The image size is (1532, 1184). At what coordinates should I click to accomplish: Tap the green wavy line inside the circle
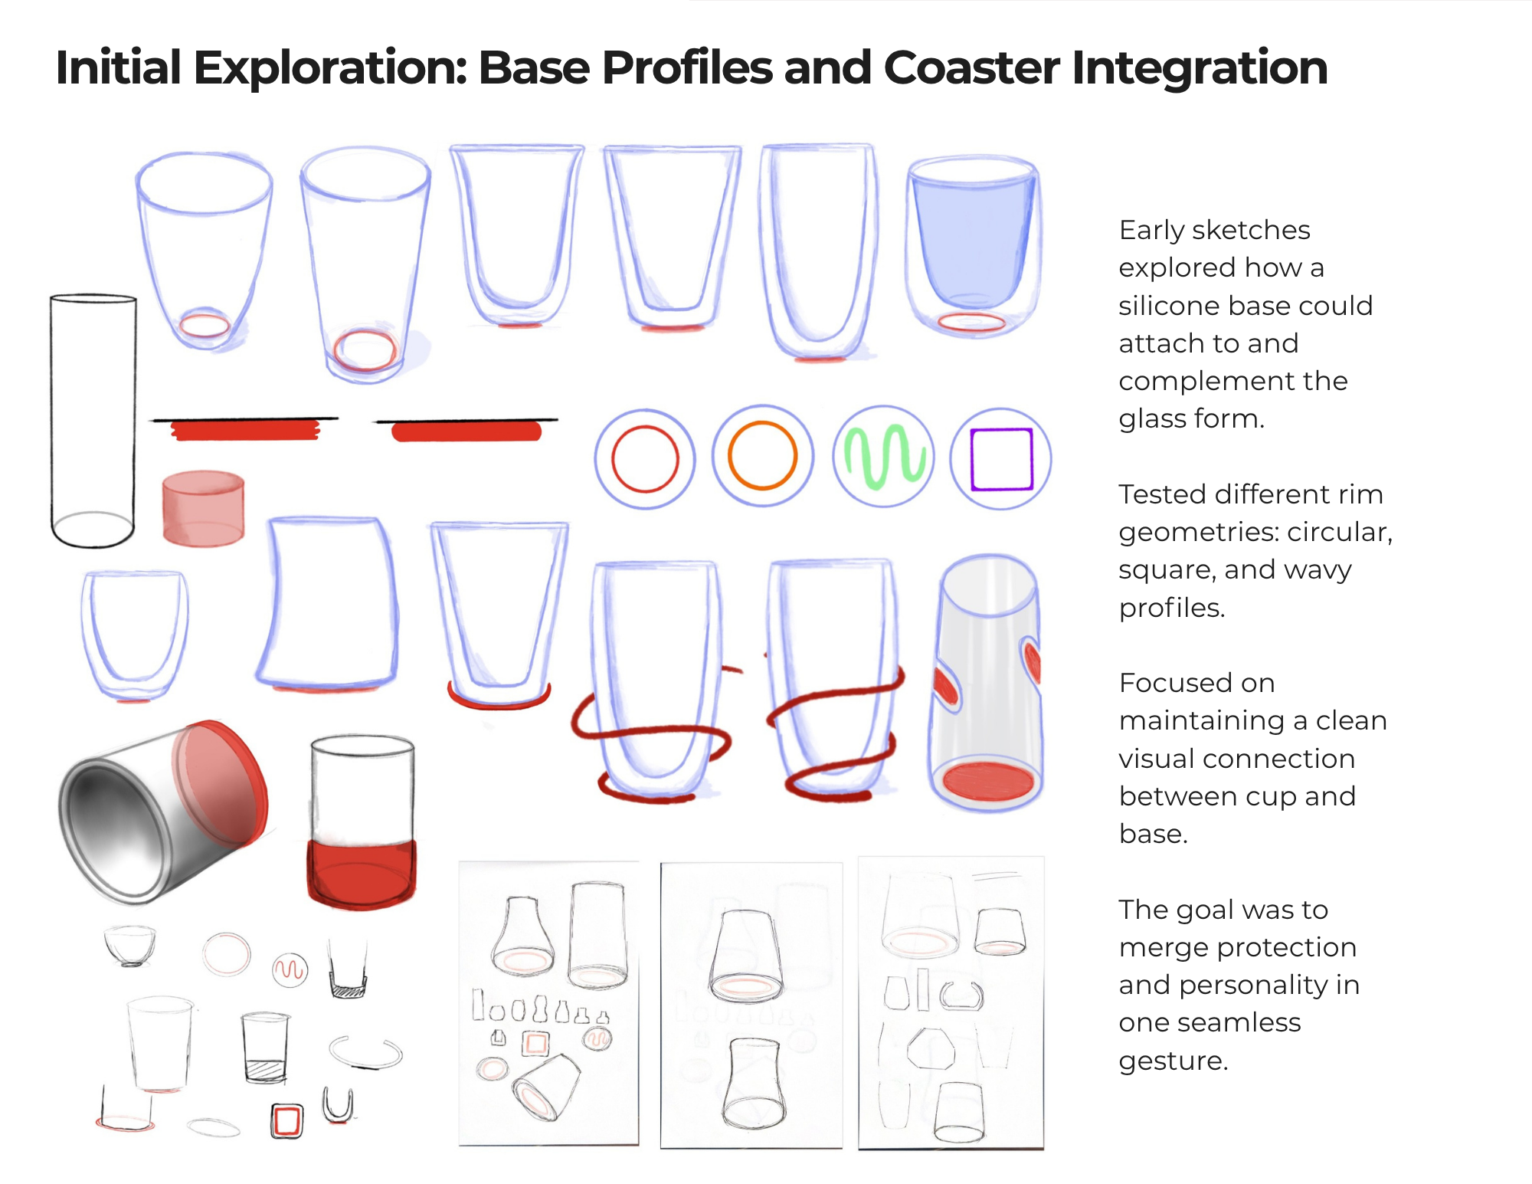[884, 457]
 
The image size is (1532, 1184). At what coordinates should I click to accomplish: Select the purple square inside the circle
[1001, 458]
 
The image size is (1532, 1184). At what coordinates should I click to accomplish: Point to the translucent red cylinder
[203, 508]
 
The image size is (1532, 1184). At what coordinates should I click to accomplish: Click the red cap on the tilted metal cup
[222, 782]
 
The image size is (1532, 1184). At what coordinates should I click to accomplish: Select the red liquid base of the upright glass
[362, 874]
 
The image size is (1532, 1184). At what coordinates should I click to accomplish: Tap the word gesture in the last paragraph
[1173, 1061]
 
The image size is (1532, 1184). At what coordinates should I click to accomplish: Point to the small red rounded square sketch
[286, 1121]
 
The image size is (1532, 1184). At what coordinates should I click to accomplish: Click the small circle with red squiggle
[290, 970]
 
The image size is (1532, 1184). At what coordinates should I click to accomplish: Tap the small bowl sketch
[129, 945]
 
